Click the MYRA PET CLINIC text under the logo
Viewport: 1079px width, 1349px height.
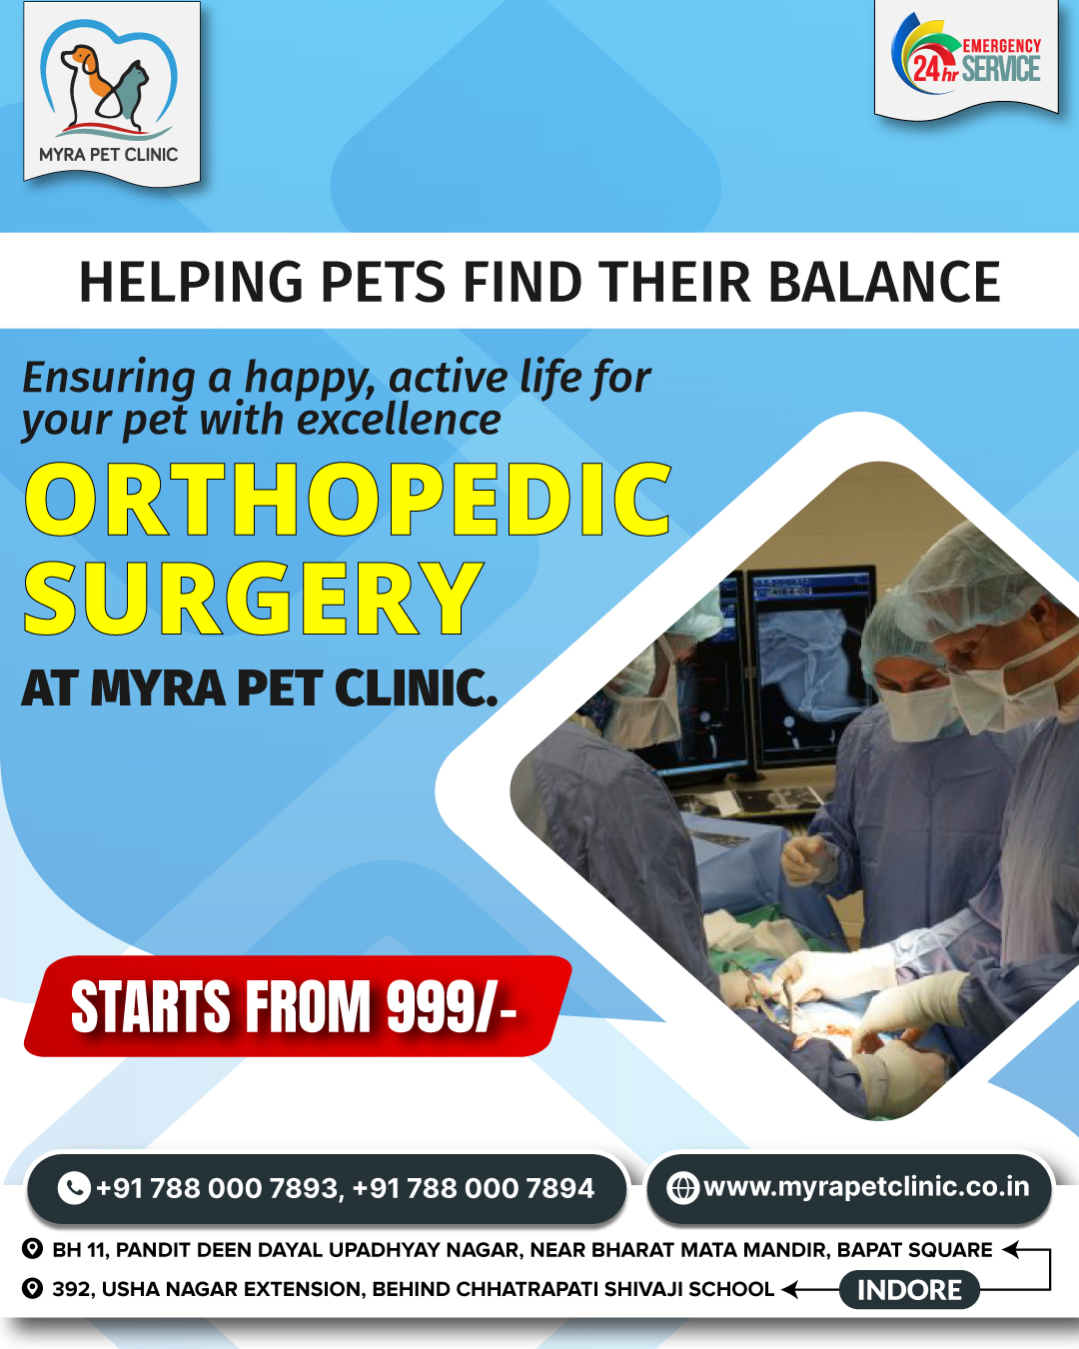[x=109, y=154]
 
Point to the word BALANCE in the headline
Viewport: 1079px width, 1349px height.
[x=884, y=282]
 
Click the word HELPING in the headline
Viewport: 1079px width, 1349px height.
[x=191, y=282]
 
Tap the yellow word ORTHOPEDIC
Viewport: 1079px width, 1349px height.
[x=348, y=499]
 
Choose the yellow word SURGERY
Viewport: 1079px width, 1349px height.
[x=254, y=598]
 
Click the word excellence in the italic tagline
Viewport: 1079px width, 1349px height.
[x=399, y=420]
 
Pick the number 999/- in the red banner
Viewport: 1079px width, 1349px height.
[x=452, y=1005]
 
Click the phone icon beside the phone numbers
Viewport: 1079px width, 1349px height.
[x=74, y=1188]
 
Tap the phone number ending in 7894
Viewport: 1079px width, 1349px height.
[x=474, y=1188]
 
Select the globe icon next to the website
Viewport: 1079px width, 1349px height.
[x=682, y=1188]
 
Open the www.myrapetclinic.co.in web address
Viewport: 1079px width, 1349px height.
[x=866, y=1187]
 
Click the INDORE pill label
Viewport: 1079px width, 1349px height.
[x=909, y=1290]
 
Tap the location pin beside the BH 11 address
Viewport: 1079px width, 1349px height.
[x=32, y=1249]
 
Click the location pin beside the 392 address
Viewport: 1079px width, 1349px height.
[x=32, y=1289]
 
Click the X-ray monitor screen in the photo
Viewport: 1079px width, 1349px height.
[x=814, y=671]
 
